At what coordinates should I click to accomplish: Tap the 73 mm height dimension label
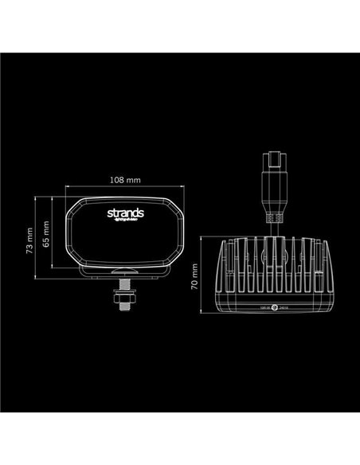point(29,238)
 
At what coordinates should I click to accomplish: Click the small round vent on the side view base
point(273,307)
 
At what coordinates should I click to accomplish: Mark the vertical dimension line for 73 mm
point(37,237)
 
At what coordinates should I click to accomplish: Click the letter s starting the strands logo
point(109,214)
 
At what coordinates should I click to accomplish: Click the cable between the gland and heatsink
point(273,230)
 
